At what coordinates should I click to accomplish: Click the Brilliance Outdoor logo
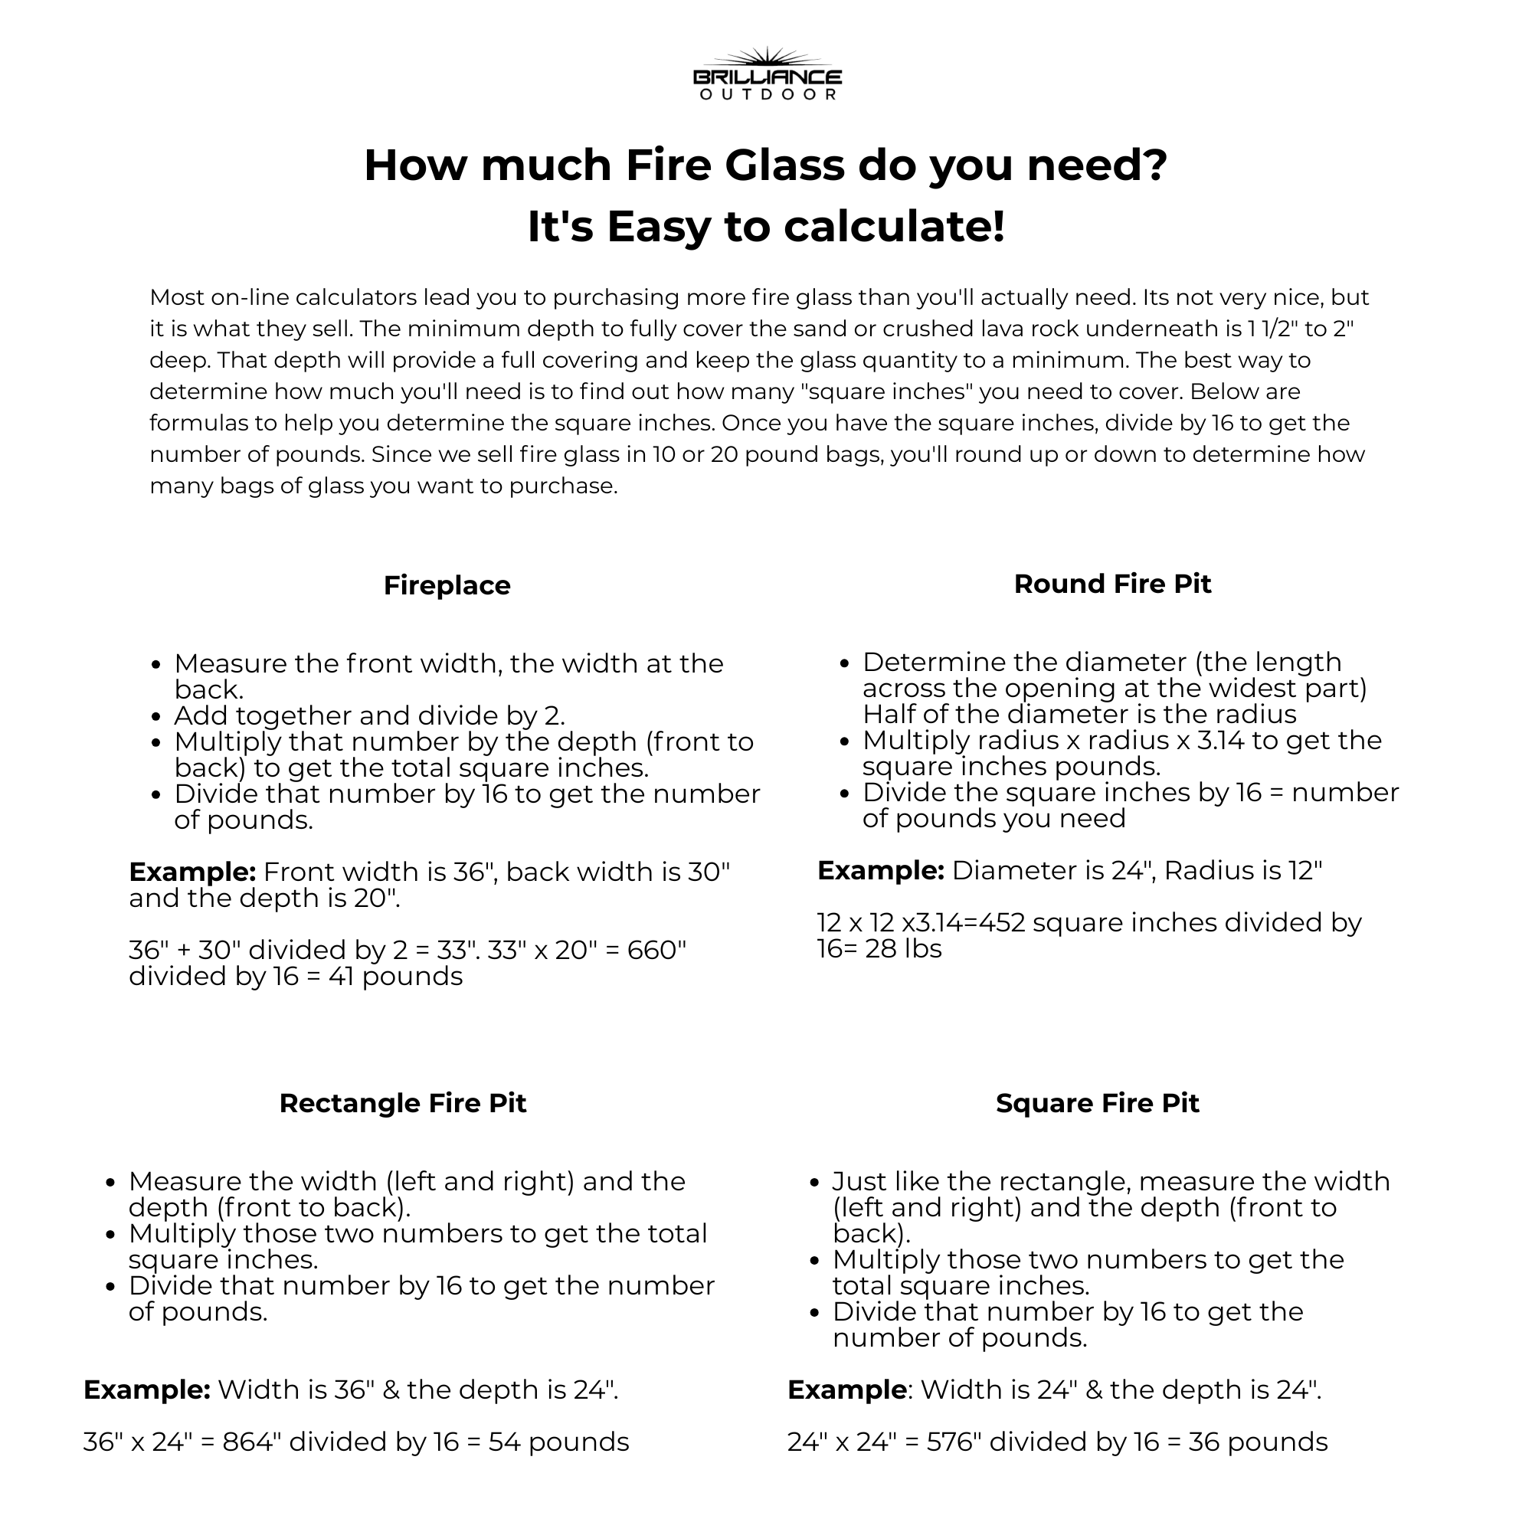[767, 74]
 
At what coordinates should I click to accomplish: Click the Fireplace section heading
[447, 585]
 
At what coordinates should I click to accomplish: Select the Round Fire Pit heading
[1111, 584]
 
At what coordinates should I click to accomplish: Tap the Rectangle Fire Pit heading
[402, 1103]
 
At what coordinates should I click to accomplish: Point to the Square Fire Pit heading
[1097, 1103]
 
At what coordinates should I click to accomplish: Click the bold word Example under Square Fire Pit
[846, 1390]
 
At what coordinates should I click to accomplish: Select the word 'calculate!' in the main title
[894, 227]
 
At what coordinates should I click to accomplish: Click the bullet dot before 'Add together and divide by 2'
[156, 717]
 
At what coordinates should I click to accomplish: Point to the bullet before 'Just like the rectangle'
[814, 1182]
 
